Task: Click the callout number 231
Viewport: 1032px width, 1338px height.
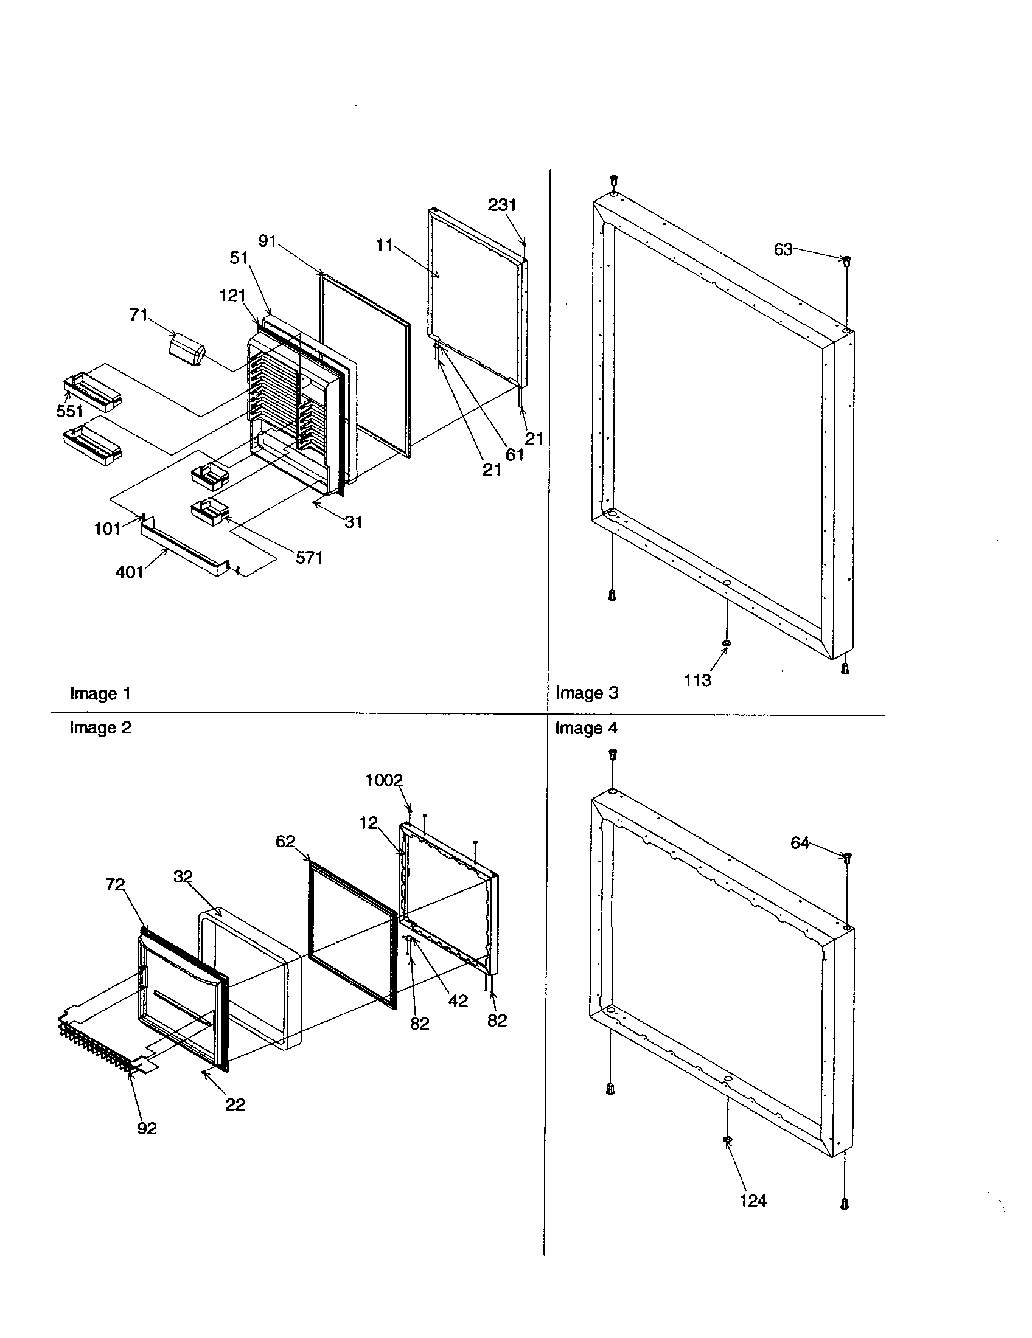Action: point(501,205)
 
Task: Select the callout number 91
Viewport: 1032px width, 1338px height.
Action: point(267,241)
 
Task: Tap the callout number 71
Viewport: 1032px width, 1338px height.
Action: point(139,315)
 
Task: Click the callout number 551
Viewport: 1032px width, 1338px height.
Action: point(69,411)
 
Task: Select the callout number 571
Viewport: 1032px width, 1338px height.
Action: point(309,558)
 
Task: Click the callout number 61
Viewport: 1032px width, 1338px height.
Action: point(514,454)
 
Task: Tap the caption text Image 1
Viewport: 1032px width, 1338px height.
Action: point(100,693)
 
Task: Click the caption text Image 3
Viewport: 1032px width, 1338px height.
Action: point(587,693)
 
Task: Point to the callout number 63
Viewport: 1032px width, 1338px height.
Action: point(783,250)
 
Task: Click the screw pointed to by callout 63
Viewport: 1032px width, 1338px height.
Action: point(846,262)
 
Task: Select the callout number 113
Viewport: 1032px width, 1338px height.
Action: point(697,680)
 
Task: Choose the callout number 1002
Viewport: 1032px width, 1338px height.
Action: point(383,780)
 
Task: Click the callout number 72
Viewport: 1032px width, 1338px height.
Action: point(114,885)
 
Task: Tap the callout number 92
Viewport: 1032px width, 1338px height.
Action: point(147,1128)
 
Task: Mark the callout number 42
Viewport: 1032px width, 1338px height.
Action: point(458,1001)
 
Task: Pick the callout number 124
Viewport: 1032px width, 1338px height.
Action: point(753,1201)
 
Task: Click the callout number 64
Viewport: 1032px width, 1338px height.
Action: point(800,844)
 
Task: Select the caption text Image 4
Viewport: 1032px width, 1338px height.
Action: point(586,729)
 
